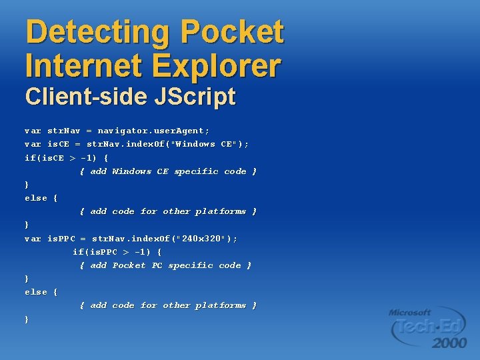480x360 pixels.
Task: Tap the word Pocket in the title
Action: (x=233, y=32)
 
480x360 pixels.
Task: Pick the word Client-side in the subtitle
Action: (x=76, y=97)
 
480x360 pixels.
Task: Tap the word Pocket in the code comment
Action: (x=129, y=265)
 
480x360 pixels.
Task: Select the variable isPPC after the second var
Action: (x=61, y=239)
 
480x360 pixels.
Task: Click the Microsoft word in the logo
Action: (x=410, y=312)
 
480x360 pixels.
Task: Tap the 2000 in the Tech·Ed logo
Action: (x=450, y=343)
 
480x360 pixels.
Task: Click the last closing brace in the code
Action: (x=27, y=319)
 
